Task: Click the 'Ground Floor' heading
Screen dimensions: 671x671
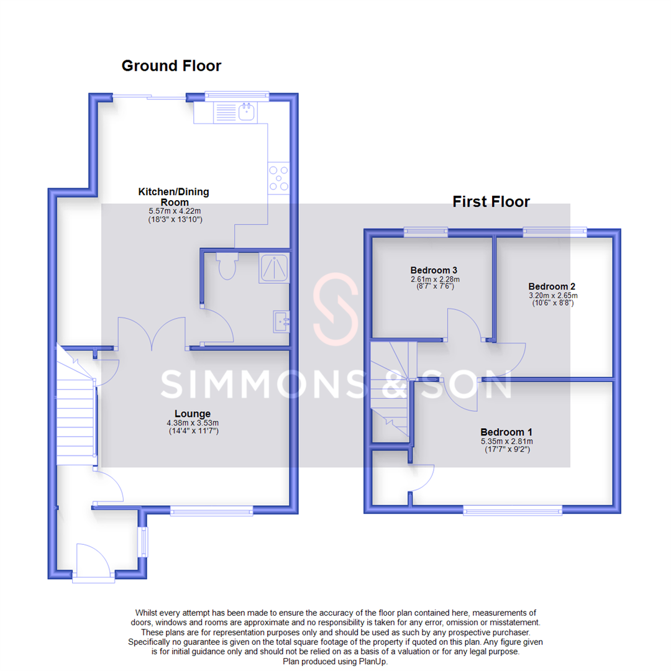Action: (x=171, y=66)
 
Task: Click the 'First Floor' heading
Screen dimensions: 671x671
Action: (x=491, y=201)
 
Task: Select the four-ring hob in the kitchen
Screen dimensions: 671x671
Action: (x=278, y=178)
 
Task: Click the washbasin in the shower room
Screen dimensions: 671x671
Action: (x=281, y=321)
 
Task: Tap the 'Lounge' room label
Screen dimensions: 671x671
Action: (x=192, y=414)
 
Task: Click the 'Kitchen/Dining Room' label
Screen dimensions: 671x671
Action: (x=173, y=197)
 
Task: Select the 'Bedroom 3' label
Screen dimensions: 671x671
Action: (x=434, y=270)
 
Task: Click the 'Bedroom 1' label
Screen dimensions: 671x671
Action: (x=506, y=432)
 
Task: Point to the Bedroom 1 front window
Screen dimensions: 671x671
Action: (x=513, y=512)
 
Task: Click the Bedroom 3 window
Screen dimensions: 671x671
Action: (x=426, y=232)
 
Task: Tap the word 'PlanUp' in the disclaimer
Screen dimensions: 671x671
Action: (x=372, y=662)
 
